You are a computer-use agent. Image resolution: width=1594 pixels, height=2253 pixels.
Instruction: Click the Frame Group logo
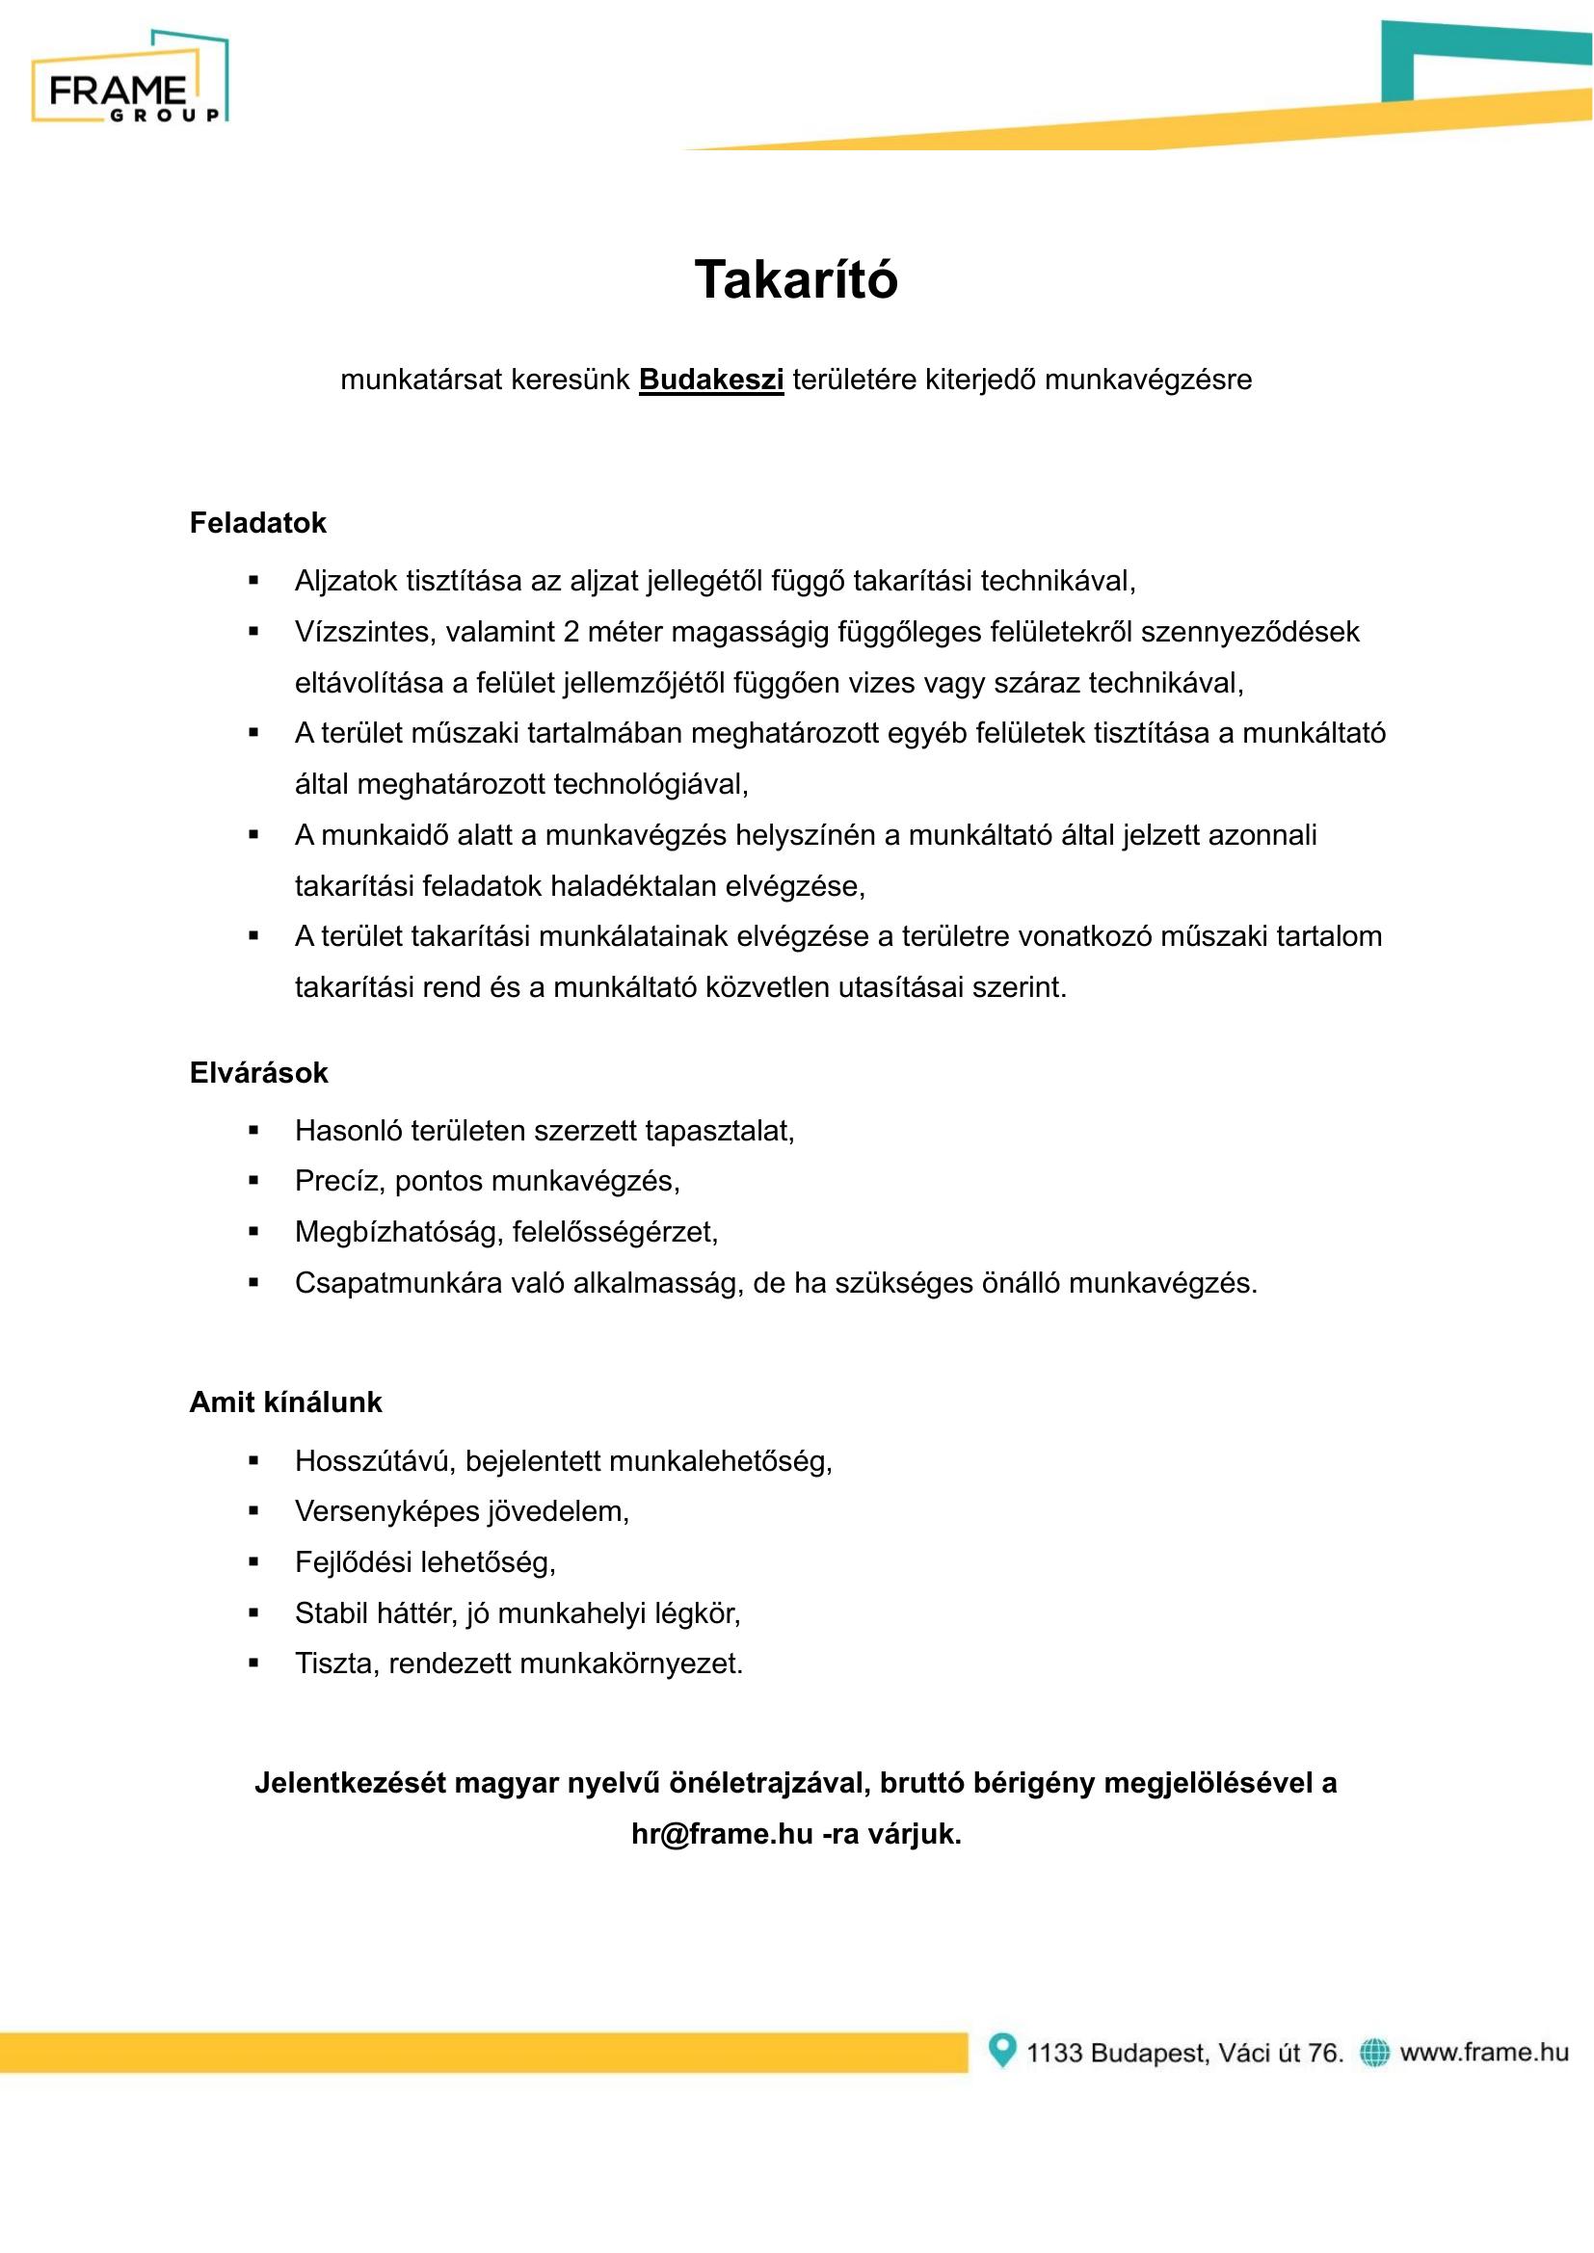[x=129, y=78]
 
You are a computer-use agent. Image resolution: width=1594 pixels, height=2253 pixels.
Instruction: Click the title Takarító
[x=796, y=279]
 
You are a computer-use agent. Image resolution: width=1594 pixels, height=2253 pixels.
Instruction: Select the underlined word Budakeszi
[x=710, y=380]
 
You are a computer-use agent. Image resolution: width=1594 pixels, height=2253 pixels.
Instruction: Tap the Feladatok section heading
[x=257, y=523]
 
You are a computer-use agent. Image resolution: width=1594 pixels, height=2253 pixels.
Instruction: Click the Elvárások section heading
[x=258, y=1072]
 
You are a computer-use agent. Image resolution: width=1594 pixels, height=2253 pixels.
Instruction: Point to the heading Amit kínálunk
[x=284, y=1402]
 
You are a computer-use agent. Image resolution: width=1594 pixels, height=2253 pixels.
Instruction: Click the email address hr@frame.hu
[x=722, y=1834]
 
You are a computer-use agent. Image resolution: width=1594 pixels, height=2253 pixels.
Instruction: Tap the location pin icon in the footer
[x=1001, y=2050]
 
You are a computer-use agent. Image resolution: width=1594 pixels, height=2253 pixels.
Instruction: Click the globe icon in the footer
[x=1374, y=2052]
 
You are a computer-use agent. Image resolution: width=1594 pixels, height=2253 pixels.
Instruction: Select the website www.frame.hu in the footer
[x=1483, y=2052]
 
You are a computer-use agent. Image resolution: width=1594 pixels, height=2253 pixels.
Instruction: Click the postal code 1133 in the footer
[x=1054, y=2053]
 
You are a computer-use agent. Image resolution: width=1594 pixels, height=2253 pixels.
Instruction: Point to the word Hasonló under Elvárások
[x=348, y=1132]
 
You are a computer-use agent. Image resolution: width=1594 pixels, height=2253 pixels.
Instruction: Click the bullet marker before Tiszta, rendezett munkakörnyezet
[x=253, y=1664]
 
